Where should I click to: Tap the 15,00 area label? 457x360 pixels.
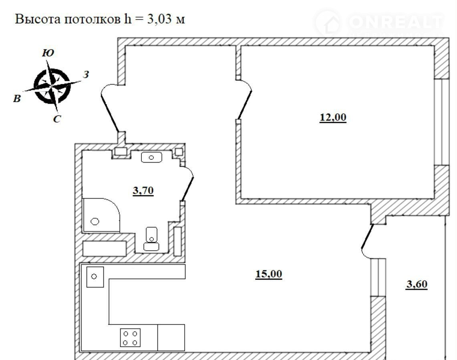click(x=269, y=274)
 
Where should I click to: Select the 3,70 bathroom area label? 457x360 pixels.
click(x=143, y=191)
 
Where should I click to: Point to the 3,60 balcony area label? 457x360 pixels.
click(x=417, y=284)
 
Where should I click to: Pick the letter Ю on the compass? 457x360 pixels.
click(x=48, y=53)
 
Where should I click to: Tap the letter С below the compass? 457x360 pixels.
click(x=57, y=119)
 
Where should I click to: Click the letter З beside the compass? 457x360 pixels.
click(x=86, y=74)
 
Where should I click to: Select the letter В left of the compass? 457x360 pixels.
click(x=17, y=99)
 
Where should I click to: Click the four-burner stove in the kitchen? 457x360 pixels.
click(x=130, y=338)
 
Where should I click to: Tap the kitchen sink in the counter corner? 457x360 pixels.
click(x=95, y=276)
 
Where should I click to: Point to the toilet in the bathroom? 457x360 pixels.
click(x=151, y=239)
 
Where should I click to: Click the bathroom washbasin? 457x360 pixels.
click(x=151, y=157)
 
